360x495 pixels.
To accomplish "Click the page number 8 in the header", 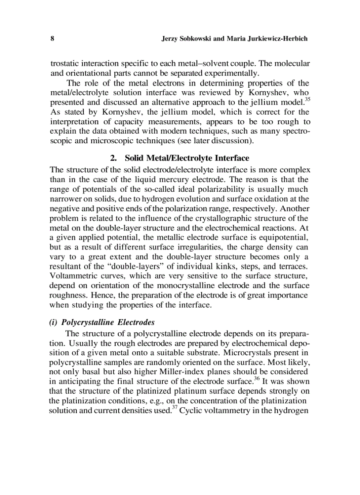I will pos(52,39).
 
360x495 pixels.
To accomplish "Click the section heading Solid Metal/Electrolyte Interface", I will pos(187,158).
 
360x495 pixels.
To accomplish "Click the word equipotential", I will pos(285,238).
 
